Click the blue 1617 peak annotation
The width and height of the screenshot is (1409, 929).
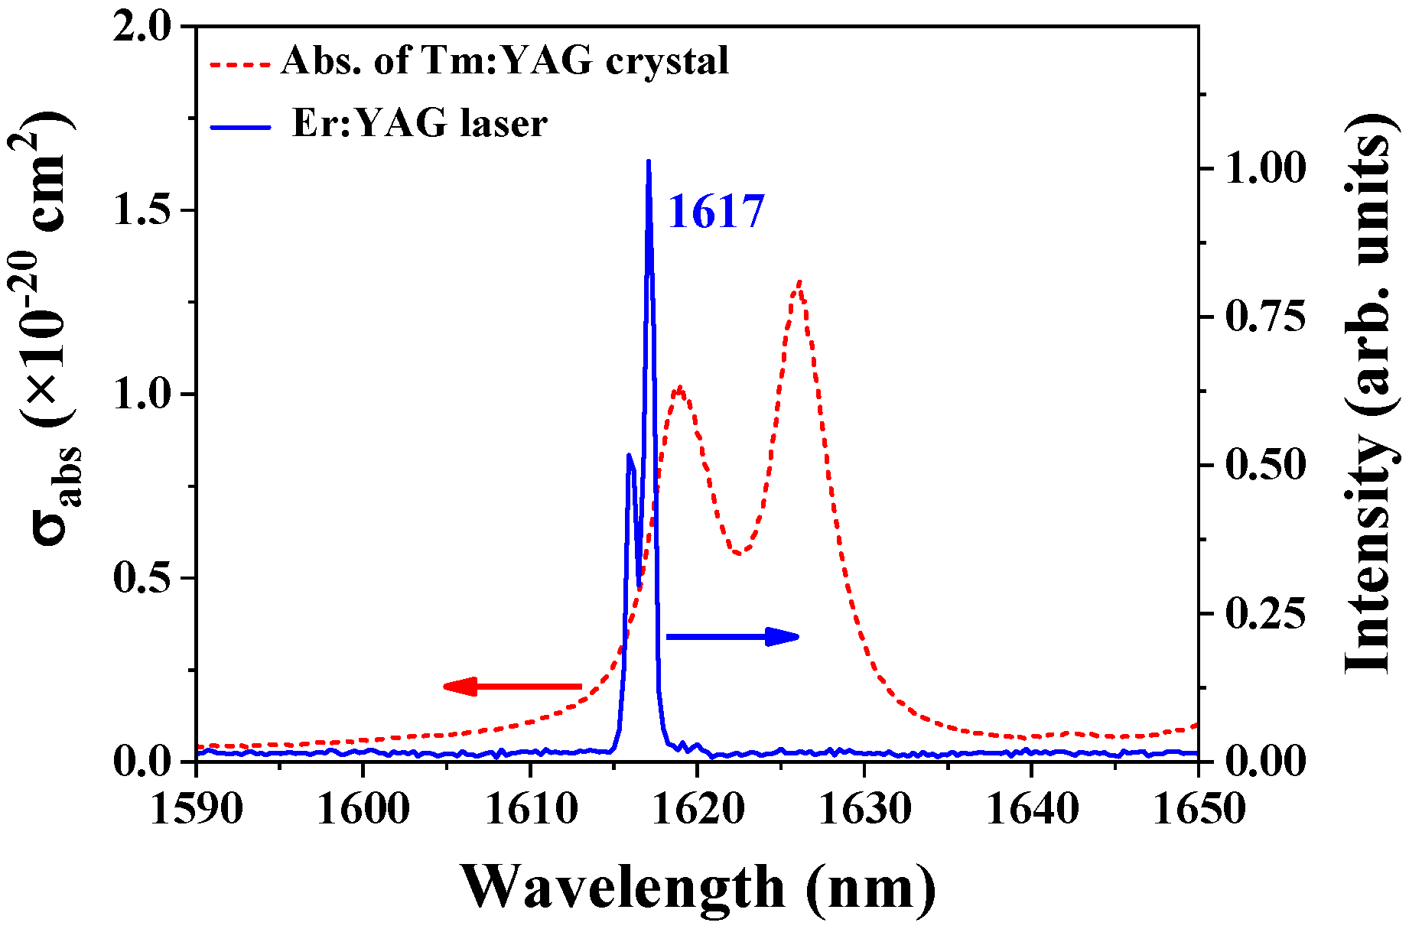coord(716,212)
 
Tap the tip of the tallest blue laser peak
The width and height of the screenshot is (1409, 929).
coord(649,162)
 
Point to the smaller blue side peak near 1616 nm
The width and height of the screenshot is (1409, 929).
coord(629,456)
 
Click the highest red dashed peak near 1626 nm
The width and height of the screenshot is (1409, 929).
coord(799,283)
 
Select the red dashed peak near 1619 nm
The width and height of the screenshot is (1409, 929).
coord(679,388)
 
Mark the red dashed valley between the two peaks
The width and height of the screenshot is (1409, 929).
coord(737,553)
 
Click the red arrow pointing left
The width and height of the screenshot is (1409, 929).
coord(513,686)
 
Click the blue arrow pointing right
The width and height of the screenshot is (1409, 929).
coord(732,636)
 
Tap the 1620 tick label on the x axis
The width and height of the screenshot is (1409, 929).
coord(697,809)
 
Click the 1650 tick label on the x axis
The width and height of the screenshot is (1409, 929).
coord(1198,809)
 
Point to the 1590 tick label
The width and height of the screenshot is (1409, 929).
coord(197,809)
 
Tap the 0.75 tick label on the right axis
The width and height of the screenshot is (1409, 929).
coord(1264,317)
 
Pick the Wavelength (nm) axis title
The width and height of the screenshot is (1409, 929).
coord(698,887)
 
